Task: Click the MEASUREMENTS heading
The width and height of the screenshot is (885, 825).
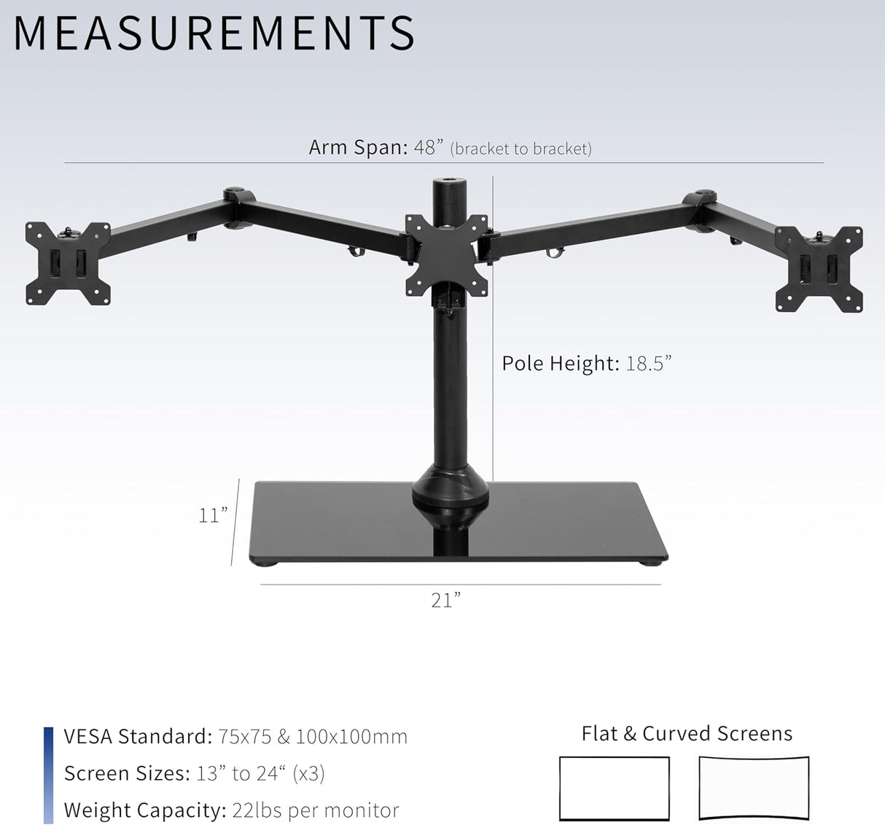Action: (214, 34)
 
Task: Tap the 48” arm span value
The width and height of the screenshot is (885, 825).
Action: (429, 147)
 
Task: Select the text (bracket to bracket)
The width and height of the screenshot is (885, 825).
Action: (521, 149)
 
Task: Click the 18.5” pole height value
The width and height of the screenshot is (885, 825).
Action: (648, 363)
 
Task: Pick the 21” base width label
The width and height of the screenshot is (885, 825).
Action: (445, 600)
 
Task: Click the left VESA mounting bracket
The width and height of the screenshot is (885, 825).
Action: (68, 263)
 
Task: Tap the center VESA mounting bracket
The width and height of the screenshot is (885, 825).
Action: (446, 255)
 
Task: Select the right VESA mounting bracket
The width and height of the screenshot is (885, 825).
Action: (819, 269)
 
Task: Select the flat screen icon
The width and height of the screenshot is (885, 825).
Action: (614, 789)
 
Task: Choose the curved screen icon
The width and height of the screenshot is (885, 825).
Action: (754, 789)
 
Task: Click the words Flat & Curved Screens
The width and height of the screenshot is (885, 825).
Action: (686, 733)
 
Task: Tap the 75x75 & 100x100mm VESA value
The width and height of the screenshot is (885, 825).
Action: (312, 736)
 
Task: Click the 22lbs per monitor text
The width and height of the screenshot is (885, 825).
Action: (315, 810)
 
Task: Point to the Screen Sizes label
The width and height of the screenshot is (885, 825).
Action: (126, 773)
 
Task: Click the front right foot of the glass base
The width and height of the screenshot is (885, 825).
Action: (653, 561)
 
